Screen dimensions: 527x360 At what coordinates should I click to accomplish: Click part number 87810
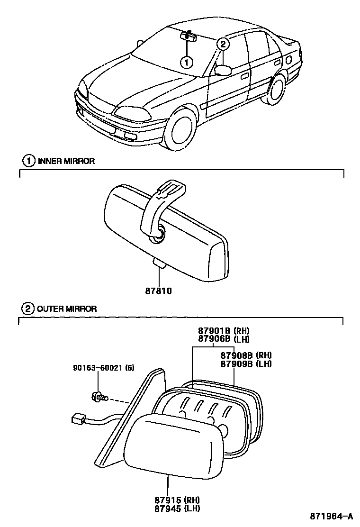pos(158,291)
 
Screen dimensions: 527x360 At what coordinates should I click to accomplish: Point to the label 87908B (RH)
pos(246,355)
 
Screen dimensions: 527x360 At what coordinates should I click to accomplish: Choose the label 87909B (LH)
pos(246,363)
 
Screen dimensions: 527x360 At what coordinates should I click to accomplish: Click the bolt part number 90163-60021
pos(98,367)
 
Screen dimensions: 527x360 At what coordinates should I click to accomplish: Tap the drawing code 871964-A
pos(332,516)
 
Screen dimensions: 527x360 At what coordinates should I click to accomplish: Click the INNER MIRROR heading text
pos(66,161)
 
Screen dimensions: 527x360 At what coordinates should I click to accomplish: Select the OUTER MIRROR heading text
pos(66,309)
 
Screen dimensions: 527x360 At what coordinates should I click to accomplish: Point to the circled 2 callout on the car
pos(223,44)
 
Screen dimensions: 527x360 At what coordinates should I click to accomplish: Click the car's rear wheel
pos(276,88)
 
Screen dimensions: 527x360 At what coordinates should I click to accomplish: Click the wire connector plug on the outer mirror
pos(78,419)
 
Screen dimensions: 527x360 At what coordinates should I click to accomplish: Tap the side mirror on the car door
pos(223,70)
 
